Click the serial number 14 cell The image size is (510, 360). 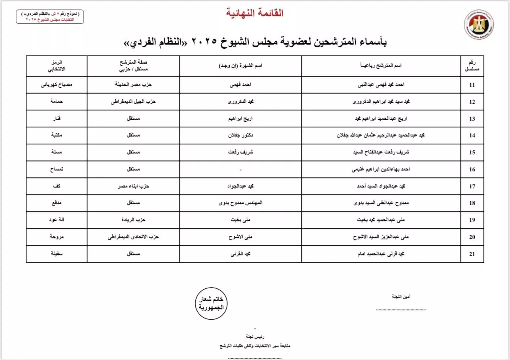(472, 136)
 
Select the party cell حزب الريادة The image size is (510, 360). (134, 220)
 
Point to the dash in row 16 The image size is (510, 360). (240, 170)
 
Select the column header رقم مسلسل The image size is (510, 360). (472, 65)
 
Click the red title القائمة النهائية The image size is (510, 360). (255, 13)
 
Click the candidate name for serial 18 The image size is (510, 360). (378, 203)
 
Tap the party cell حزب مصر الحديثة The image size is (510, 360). (134, 84)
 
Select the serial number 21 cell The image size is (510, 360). (472, 254)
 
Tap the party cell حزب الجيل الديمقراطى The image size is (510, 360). (134, 101)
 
